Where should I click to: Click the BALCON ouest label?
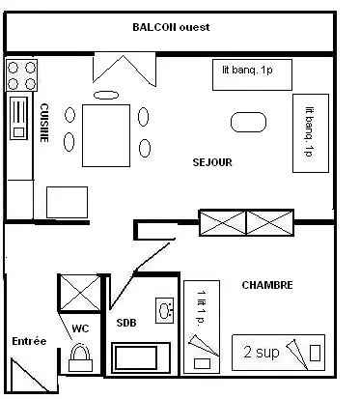click(x=171, y=27)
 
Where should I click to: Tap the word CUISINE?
click(x=44, y=123)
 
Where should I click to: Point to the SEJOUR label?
click(x=212, y=162)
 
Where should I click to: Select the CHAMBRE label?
click(x=267, y=285)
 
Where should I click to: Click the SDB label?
click(x=126, y=323)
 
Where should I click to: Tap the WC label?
click(x=80, y=328)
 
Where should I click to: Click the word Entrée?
click(x=29, y=341)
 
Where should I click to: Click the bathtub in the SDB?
click(x=141, y=357)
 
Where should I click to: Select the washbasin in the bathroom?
click(x=165, y=310)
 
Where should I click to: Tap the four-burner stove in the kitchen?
click(x=21, y=75)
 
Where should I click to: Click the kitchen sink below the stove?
click(x=19, y=118)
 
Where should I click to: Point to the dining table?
click(x=106, y=135)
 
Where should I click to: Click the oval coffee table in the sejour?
click(x=249, y=122)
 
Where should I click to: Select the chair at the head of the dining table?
click(x=106, y=95)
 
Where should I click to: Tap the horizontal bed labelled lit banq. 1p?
click(x=252, y=74)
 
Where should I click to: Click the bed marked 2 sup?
click(x=278, y=353)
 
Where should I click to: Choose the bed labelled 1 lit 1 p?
click(x=202, y=327)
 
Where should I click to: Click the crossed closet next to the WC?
click(x=79, y=293)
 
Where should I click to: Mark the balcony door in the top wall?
click(x=125, y=69)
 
